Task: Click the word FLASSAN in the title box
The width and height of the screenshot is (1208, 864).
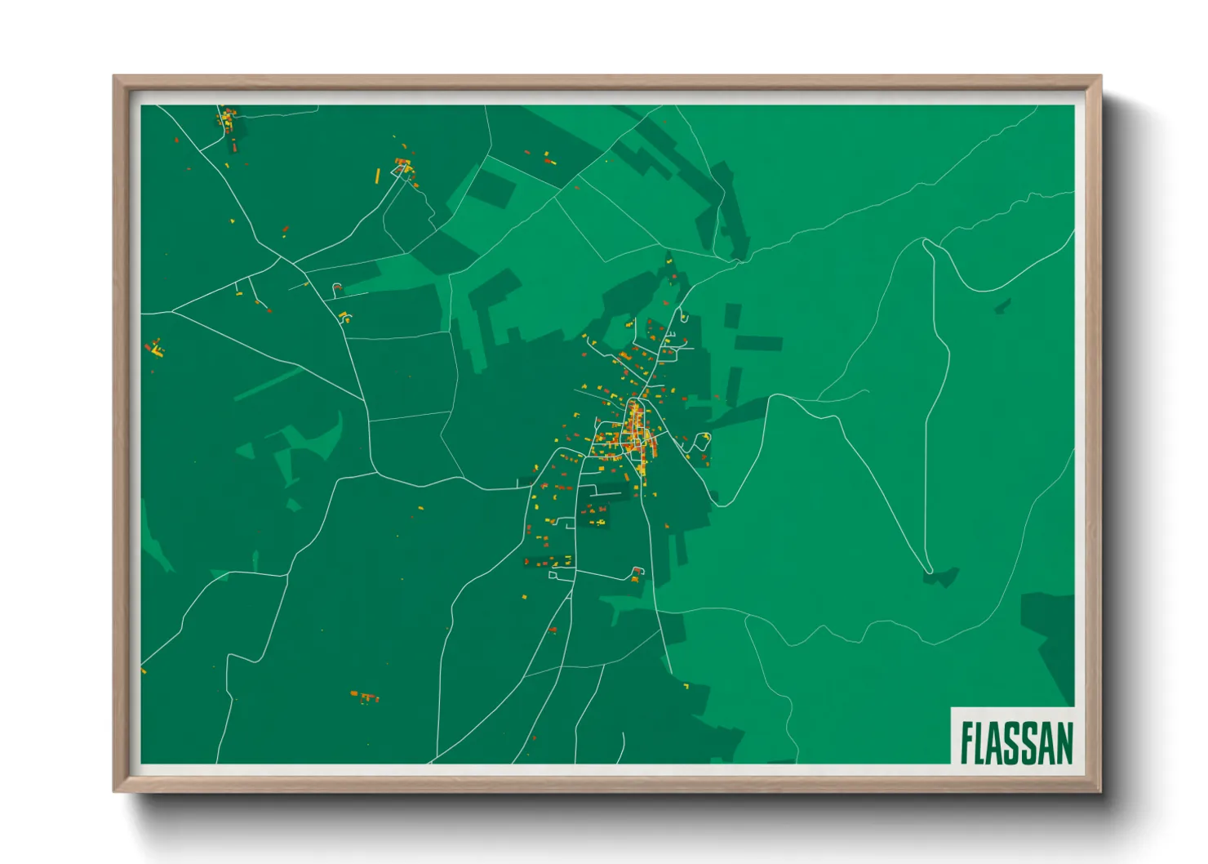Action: [1016, 742]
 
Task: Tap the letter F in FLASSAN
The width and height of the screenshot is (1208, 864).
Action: [966, 742]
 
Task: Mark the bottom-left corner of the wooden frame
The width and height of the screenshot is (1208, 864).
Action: [116, 790]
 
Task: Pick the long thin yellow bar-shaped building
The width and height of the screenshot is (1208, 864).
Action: [377, 176]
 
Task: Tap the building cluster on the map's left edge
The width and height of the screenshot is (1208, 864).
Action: [155, 349]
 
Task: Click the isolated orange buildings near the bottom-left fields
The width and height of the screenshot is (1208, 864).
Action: [365, 697]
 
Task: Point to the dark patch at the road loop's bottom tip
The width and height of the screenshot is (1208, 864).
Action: [941, 577]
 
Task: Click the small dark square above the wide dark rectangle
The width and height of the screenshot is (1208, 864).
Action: [732, 314]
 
